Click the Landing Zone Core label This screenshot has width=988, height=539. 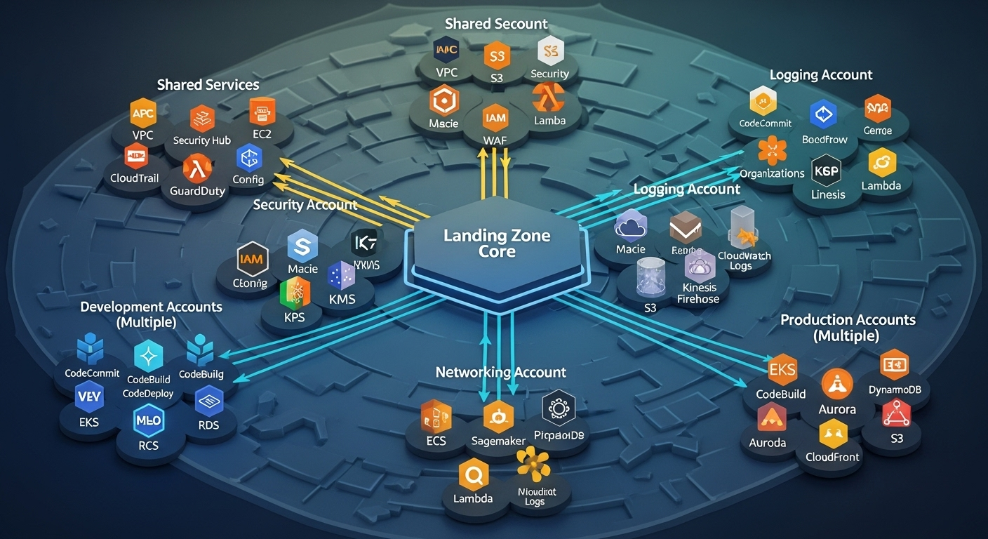tap(497, 244)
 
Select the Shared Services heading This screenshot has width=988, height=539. tap(208, 85)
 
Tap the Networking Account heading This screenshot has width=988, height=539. tap(500, 372)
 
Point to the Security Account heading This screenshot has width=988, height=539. tap(305, 205)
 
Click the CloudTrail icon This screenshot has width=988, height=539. tap(135, 156)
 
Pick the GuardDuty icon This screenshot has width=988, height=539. tap(196, 168)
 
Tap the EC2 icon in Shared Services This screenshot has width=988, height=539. tap(262, 112)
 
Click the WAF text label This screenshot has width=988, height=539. tap(495, 140)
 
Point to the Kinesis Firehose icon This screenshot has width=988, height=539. tap(699, 267)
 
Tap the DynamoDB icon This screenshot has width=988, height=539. tap(894, 365)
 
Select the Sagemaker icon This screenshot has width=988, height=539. tap(498, 418)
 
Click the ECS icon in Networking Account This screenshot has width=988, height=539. tap(436, 415)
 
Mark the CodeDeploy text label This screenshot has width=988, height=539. tap(148, 394)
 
